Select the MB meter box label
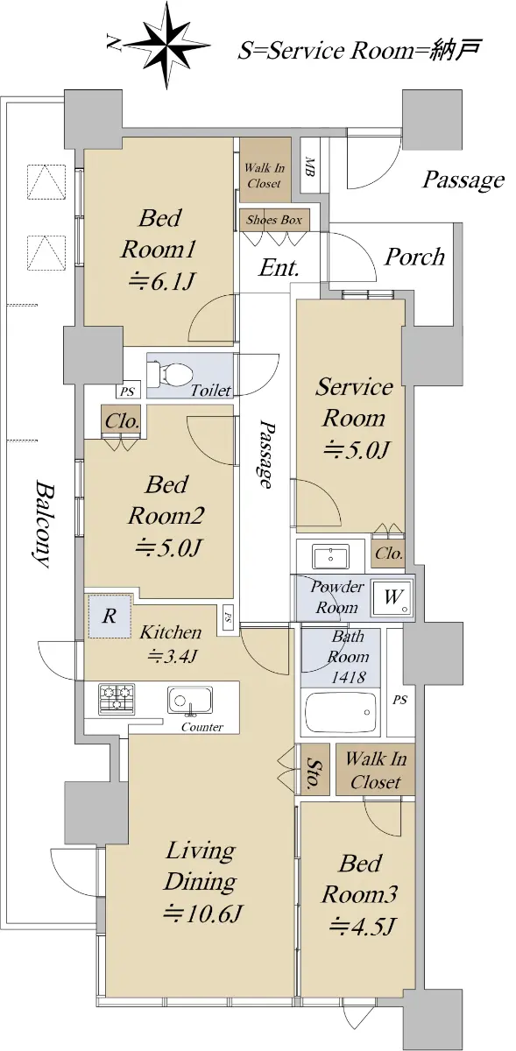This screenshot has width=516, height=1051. (309, 166)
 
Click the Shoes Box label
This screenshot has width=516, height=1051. (274, 220)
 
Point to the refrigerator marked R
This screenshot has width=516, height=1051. (110, 616)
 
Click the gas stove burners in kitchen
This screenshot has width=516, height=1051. (116, 699)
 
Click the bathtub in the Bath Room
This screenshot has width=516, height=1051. (342, 711)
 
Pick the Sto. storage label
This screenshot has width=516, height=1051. (312, 772)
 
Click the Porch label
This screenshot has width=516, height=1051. (414, 257)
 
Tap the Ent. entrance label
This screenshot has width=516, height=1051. (279, 268)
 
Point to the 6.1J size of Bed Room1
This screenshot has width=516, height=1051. (161, 281)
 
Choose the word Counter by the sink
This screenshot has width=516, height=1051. (202, 727)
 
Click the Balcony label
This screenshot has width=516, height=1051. (42, 524)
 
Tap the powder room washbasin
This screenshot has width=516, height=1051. (331, 556)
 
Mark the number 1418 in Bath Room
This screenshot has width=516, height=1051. (349, 676)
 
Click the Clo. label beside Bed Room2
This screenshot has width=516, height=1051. (122, 421)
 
